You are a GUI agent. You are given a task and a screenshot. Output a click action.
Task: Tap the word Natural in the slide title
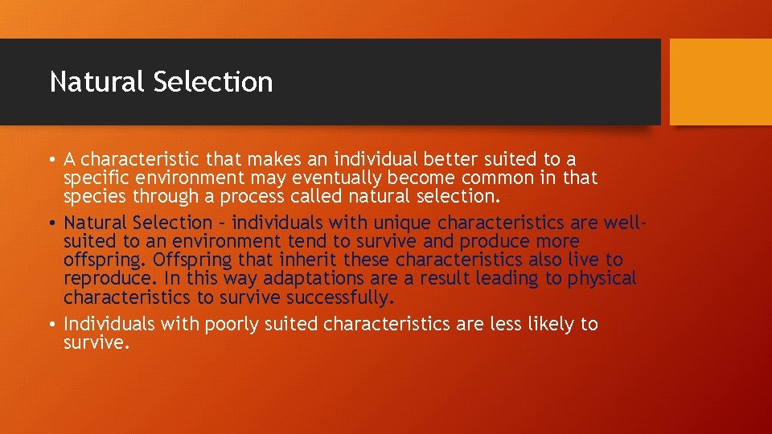[96, 82]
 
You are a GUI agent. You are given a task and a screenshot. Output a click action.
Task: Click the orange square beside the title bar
[720, 82]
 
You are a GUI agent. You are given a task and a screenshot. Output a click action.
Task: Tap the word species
[94, 197]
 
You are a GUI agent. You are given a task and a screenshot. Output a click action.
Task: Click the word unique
[399, 223]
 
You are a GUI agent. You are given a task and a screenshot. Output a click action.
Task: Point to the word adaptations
[317, 279]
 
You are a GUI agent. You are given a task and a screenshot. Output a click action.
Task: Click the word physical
[602, 279]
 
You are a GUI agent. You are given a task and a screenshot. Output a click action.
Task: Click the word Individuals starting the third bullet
[110, 324]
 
